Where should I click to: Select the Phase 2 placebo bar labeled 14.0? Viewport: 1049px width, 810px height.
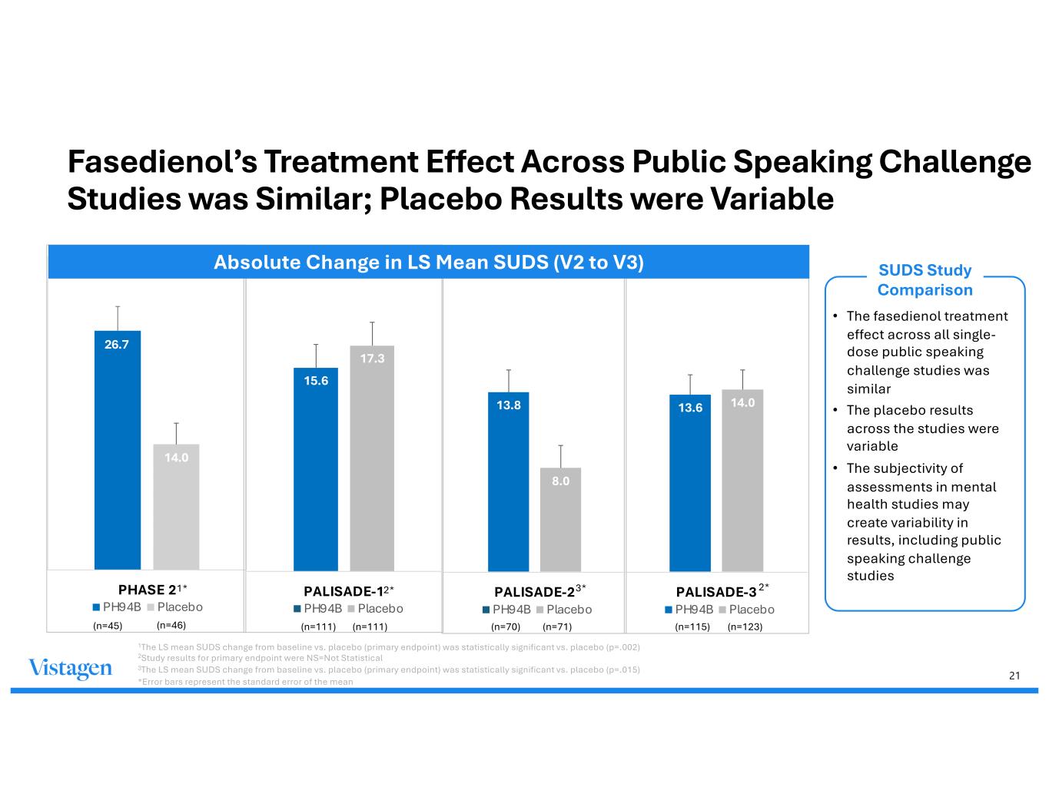tap(176, 507)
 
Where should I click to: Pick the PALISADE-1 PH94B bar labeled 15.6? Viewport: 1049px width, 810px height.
tap(316, 469)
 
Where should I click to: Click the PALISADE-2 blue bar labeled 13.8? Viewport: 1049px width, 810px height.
tap(508, 481)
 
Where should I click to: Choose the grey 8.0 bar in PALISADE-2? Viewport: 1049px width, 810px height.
tap(560, 519)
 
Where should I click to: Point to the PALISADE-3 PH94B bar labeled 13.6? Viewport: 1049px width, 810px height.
tap(690, 483)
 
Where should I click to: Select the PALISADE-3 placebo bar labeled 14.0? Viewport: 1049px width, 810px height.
tap(742, 480)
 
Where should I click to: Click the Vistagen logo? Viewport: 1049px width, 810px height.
tap(70, 669)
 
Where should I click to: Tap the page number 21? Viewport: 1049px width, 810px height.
tap(1014, 676)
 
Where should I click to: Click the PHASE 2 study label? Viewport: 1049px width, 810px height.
tap(147, 590)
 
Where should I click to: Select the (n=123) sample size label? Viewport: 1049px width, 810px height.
tap(745, 627)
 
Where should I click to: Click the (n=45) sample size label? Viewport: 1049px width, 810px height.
tap(108, 626)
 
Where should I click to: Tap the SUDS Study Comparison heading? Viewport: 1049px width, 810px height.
tap(925, 280)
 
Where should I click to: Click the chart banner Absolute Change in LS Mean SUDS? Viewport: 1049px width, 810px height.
tap(428, 263)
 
